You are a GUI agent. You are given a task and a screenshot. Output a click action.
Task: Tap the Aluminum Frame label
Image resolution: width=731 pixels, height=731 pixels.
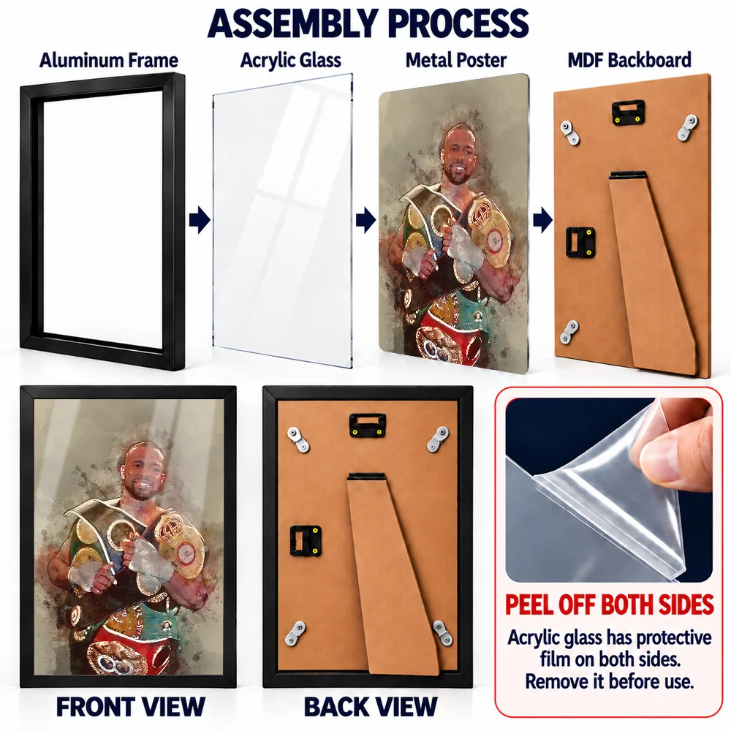point(109,60)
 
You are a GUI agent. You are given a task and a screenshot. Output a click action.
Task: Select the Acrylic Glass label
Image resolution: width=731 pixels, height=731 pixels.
point(290,60)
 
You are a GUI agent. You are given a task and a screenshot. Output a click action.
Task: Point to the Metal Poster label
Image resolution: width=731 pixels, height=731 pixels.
point(456,60)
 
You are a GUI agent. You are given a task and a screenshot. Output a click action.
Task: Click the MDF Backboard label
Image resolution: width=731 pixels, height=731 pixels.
point(629,60)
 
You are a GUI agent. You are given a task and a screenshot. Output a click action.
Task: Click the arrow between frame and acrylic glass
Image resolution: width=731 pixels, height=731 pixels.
point(200,220)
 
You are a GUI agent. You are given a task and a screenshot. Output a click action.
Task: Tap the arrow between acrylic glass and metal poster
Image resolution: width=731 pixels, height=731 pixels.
point(366,220)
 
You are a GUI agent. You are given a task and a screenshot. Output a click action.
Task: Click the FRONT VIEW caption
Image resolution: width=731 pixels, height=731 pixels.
point(131,707)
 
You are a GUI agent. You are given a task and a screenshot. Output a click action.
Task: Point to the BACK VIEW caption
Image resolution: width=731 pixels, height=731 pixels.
point(371,707)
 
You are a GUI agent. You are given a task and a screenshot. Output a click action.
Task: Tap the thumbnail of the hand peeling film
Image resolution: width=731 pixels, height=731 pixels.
point(609,490)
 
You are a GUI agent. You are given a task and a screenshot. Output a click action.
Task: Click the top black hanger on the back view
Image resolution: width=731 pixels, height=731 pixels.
point(368,425)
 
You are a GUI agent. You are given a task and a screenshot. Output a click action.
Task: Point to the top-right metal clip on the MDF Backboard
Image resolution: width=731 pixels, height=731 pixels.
point(689,126)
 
